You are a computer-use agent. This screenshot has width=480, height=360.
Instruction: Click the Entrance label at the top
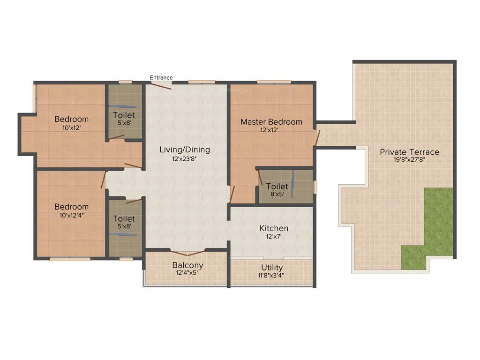[x=161, y=77]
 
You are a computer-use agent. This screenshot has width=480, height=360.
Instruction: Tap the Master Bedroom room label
[x=271, y=122]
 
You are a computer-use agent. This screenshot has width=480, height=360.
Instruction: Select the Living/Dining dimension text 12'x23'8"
[x=184, y=158]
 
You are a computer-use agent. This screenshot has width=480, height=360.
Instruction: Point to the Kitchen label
[x=274, y=228]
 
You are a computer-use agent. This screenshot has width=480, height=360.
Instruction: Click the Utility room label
[x=272, y=268]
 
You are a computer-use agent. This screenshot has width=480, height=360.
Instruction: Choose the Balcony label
[x=187, y=265]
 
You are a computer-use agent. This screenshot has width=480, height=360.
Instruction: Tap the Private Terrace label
[x=410, y=152]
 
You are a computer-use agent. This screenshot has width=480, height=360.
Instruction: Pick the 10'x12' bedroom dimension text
[x=71, y=127]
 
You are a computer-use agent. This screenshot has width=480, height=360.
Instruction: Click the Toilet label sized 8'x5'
[x=277, y=187]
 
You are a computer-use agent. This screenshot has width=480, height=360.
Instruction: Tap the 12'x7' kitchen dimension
[x=274, y=237]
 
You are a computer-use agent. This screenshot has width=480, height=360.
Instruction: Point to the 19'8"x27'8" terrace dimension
[x=410, y=159]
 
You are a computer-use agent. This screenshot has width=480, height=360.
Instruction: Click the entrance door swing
[x=161, y=86]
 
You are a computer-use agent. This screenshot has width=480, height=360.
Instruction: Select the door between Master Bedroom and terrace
[x=317, y=137]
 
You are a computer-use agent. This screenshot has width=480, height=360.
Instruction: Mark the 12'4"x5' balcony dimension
[x=187, y=273]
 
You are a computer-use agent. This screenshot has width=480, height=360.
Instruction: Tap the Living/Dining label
[x=184, y=150]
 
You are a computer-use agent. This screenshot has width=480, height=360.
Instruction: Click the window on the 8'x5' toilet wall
[x=315, y=187]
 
